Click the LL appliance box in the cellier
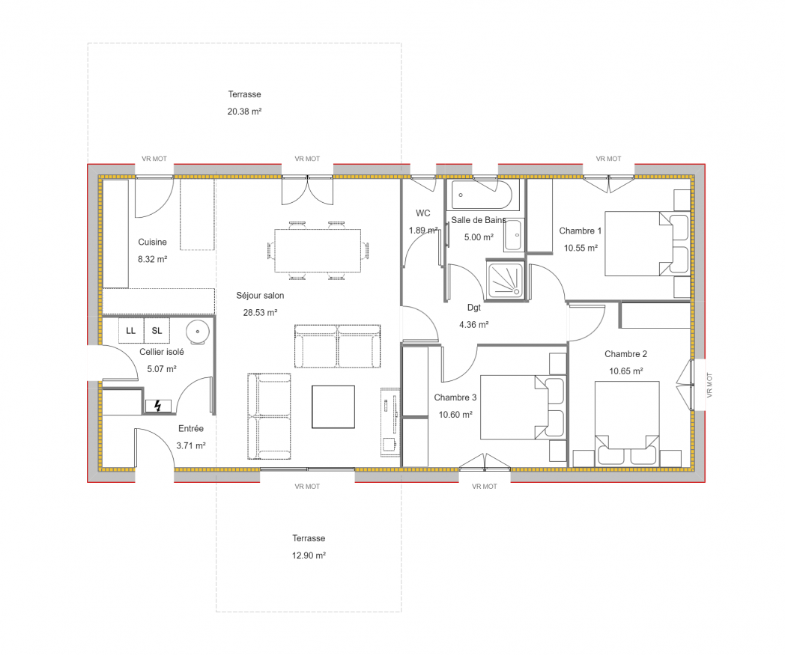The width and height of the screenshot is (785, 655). [131, 330]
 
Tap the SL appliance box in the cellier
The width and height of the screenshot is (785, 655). [157, 330]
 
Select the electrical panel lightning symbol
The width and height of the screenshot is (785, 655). [158, 406]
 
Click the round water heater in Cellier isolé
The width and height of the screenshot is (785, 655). [198, 332]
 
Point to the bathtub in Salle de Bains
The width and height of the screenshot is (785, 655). [482, 195]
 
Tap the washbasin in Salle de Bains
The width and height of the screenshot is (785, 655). [513, 235]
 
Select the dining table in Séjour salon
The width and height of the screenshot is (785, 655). [318, 250]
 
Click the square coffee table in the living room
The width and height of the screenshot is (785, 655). [333, 406]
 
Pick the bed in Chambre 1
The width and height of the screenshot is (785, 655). [647, 244]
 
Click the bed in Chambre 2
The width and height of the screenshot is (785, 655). [627, 424]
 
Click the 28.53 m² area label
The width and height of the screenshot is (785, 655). [261, 313]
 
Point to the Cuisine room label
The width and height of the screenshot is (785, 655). [152, 243]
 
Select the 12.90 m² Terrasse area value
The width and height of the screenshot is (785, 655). [309, 555]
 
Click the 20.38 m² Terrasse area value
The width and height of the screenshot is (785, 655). [244, 112]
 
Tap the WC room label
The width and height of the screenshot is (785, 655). [423, 213]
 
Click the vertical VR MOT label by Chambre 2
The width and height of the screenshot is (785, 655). [709, 386]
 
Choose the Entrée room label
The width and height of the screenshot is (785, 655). [191, 429]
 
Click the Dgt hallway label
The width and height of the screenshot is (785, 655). [474, 308]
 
